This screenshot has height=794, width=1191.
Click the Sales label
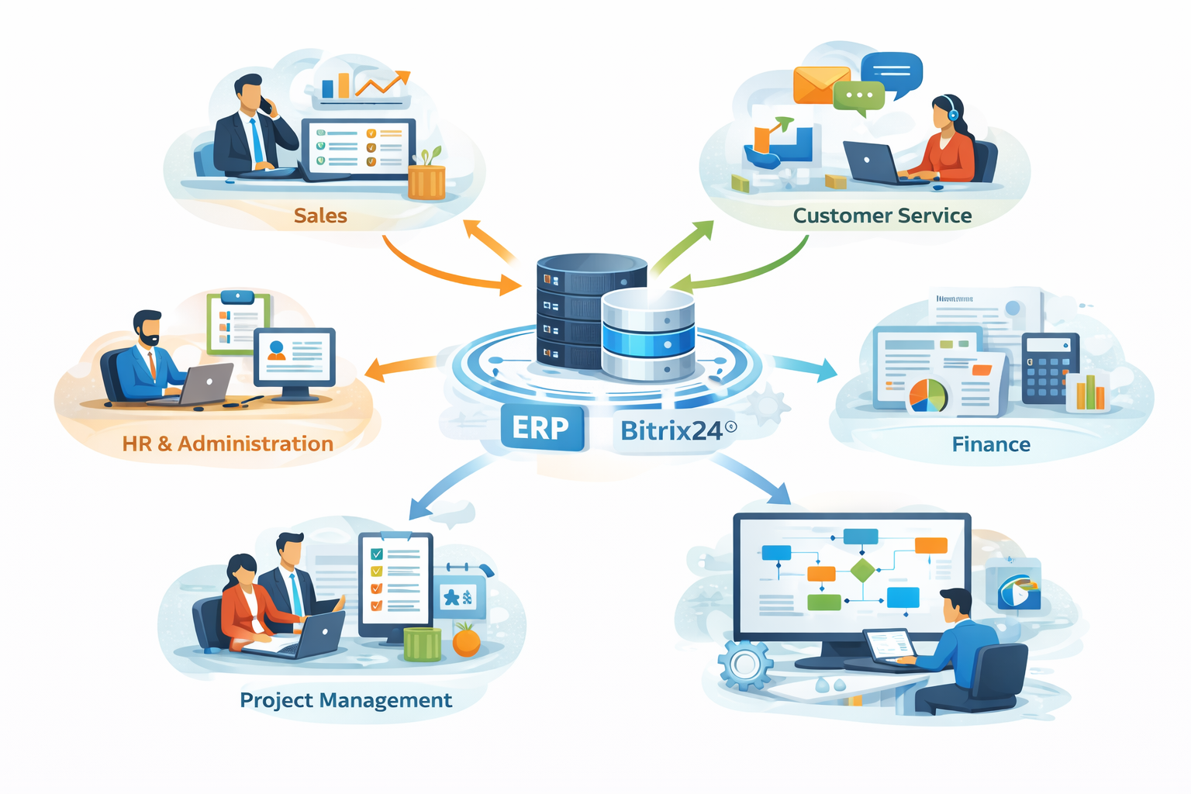[320, 216]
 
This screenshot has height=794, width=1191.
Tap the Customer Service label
[882, 216]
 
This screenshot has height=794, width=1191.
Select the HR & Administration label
[227, 444]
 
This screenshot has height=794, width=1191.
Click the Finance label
[991, 444]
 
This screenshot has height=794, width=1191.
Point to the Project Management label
[346, 700]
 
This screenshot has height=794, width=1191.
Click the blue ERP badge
[541, 427]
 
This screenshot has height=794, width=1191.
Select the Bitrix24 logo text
[673, 430]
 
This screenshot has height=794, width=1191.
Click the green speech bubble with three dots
[859, 96]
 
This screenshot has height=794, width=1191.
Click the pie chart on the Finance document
[928, 394]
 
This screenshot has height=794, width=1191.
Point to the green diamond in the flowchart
[862, 571]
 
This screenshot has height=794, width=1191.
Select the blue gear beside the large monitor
[745, 664]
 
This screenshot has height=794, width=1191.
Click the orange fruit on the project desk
[466, 641]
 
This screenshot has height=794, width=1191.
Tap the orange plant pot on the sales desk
[426, 181]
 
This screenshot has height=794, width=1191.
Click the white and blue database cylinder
[648, 335]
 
